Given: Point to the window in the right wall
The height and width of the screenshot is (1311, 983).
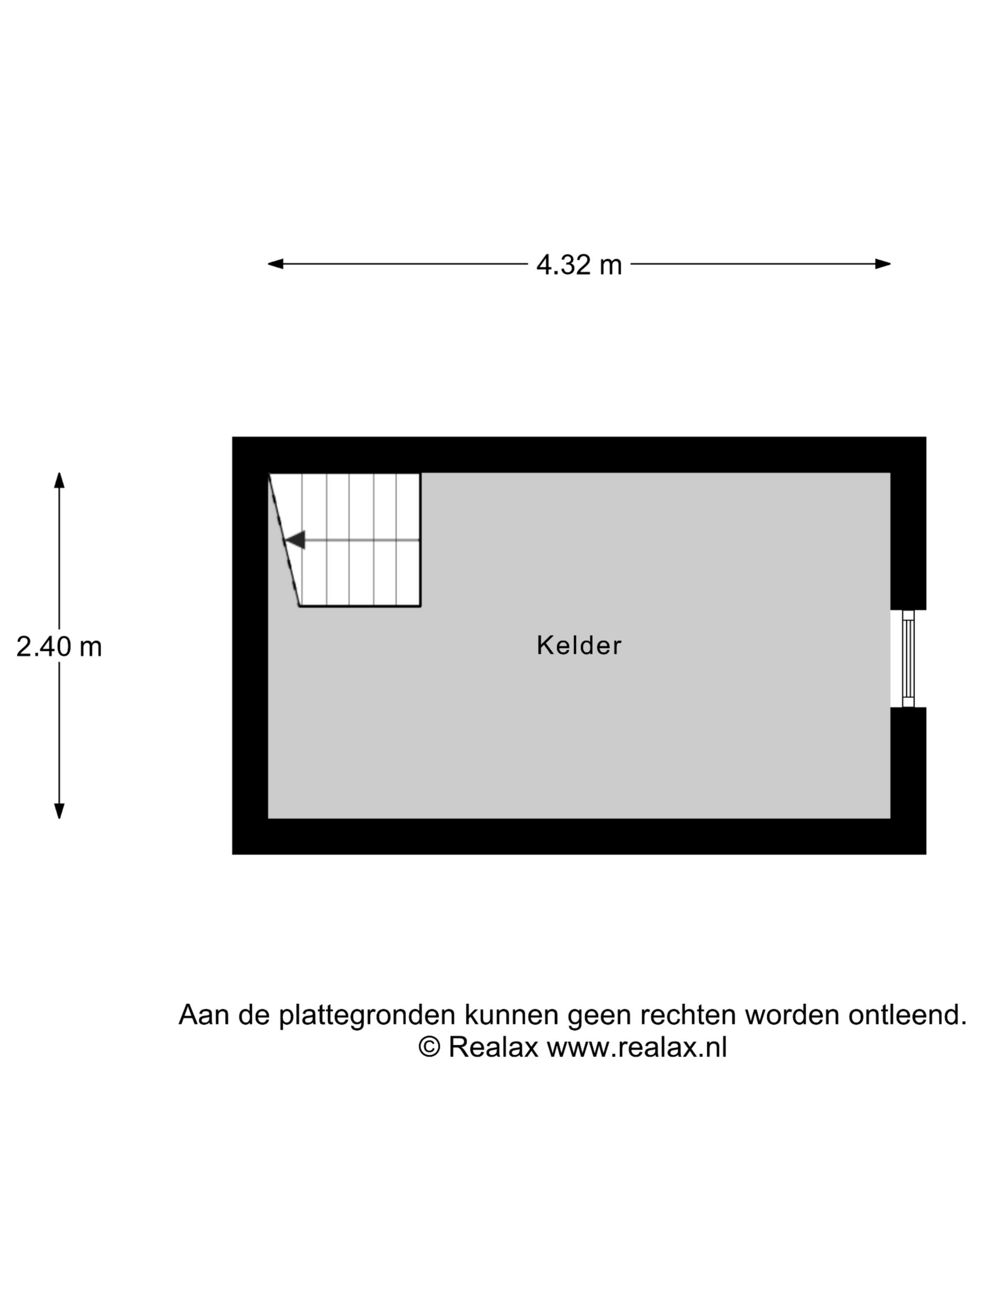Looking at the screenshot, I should point(907,658).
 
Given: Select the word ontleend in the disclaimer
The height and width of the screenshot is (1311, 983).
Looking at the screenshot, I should point(907,1015).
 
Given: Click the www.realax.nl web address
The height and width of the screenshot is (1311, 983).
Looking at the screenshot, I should point(636,1047).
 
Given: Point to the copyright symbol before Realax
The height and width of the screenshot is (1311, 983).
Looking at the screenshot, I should point(429,1047).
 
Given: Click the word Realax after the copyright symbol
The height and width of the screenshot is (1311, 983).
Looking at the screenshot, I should point(493,1047).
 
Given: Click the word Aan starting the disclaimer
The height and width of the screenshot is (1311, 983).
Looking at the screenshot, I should point(204,1015).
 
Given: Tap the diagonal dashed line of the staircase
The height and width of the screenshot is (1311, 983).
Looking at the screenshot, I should point(284,540).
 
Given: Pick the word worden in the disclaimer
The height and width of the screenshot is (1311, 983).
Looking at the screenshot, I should point(792,1015).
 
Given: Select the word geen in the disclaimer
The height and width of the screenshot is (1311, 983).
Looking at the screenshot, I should point(599,1015).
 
